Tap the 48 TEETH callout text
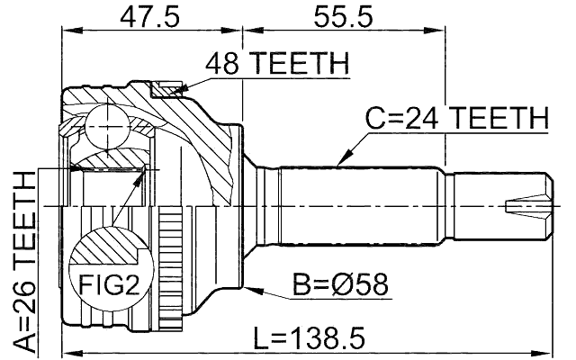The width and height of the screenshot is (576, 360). pyautogui.click(x=276, y=64)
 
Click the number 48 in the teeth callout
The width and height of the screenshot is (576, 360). pyautogui.click(x=220, y=64)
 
